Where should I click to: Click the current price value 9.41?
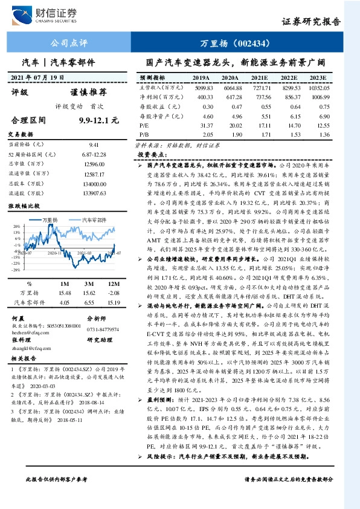coord(94,145)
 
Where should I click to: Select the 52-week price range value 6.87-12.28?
coord(94,155)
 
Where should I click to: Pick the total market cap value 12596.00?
coord(94,165)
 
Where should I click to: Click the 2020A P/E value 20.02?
coord(231,124)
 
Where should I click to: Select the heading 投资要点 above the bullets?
coord(152,155)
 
